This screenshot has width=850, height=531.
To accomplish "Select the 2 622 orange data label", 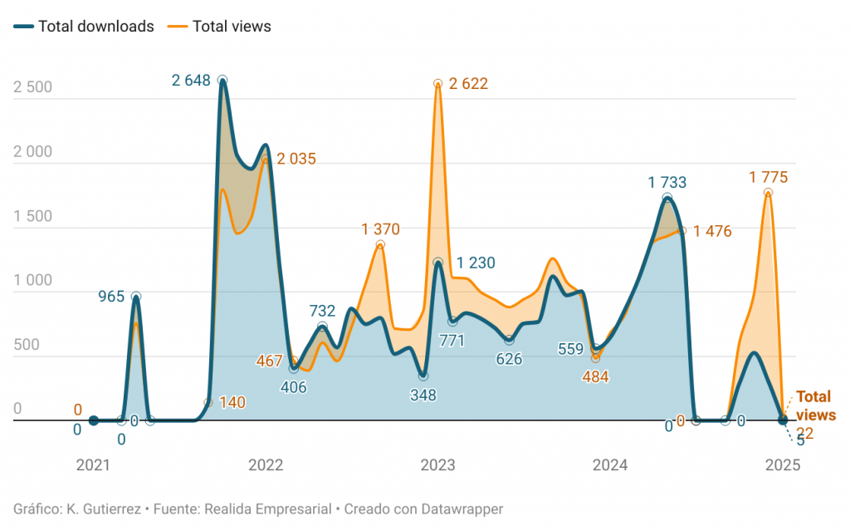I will pos(468,83).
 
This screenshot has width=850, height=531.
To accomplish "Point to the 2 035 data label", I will pos(296,159).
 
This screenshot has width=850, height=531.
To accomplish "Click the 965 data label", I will pos(112,296).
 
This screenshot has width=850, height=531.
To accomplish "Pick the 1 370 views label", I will pos(381,229).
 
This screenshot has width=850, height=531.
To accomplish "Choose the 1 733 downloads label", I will pos(667,182).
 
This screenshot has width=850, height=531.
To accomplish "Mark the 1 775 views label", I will pos(768,177).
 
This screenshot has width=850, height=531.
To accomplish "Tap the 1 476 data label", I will pos(712,231).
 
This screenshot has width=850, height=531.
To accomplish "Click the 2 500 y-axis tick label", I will pos(33,87).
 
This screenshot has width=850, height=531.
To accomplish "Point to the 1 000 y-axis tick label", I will pos(33,280).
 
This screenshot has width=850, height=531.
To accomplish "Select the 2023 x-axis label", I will pos(437,465).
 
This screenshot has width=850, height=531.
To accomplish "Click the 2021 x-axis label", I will pos(93,465).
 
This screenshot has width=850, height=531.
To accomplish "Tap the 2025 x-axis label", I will pos(782,465).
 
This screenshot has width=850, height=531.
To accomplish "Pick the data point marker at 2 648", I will pos(222,80).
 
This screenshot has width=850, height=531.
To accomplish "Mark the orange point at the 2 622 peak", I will pos(437,83).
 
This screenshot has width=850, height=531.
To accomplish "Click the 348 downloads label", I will pos(423,396).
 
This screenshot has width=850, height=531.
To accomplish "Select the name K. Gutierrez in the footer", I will pos(100,509).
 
